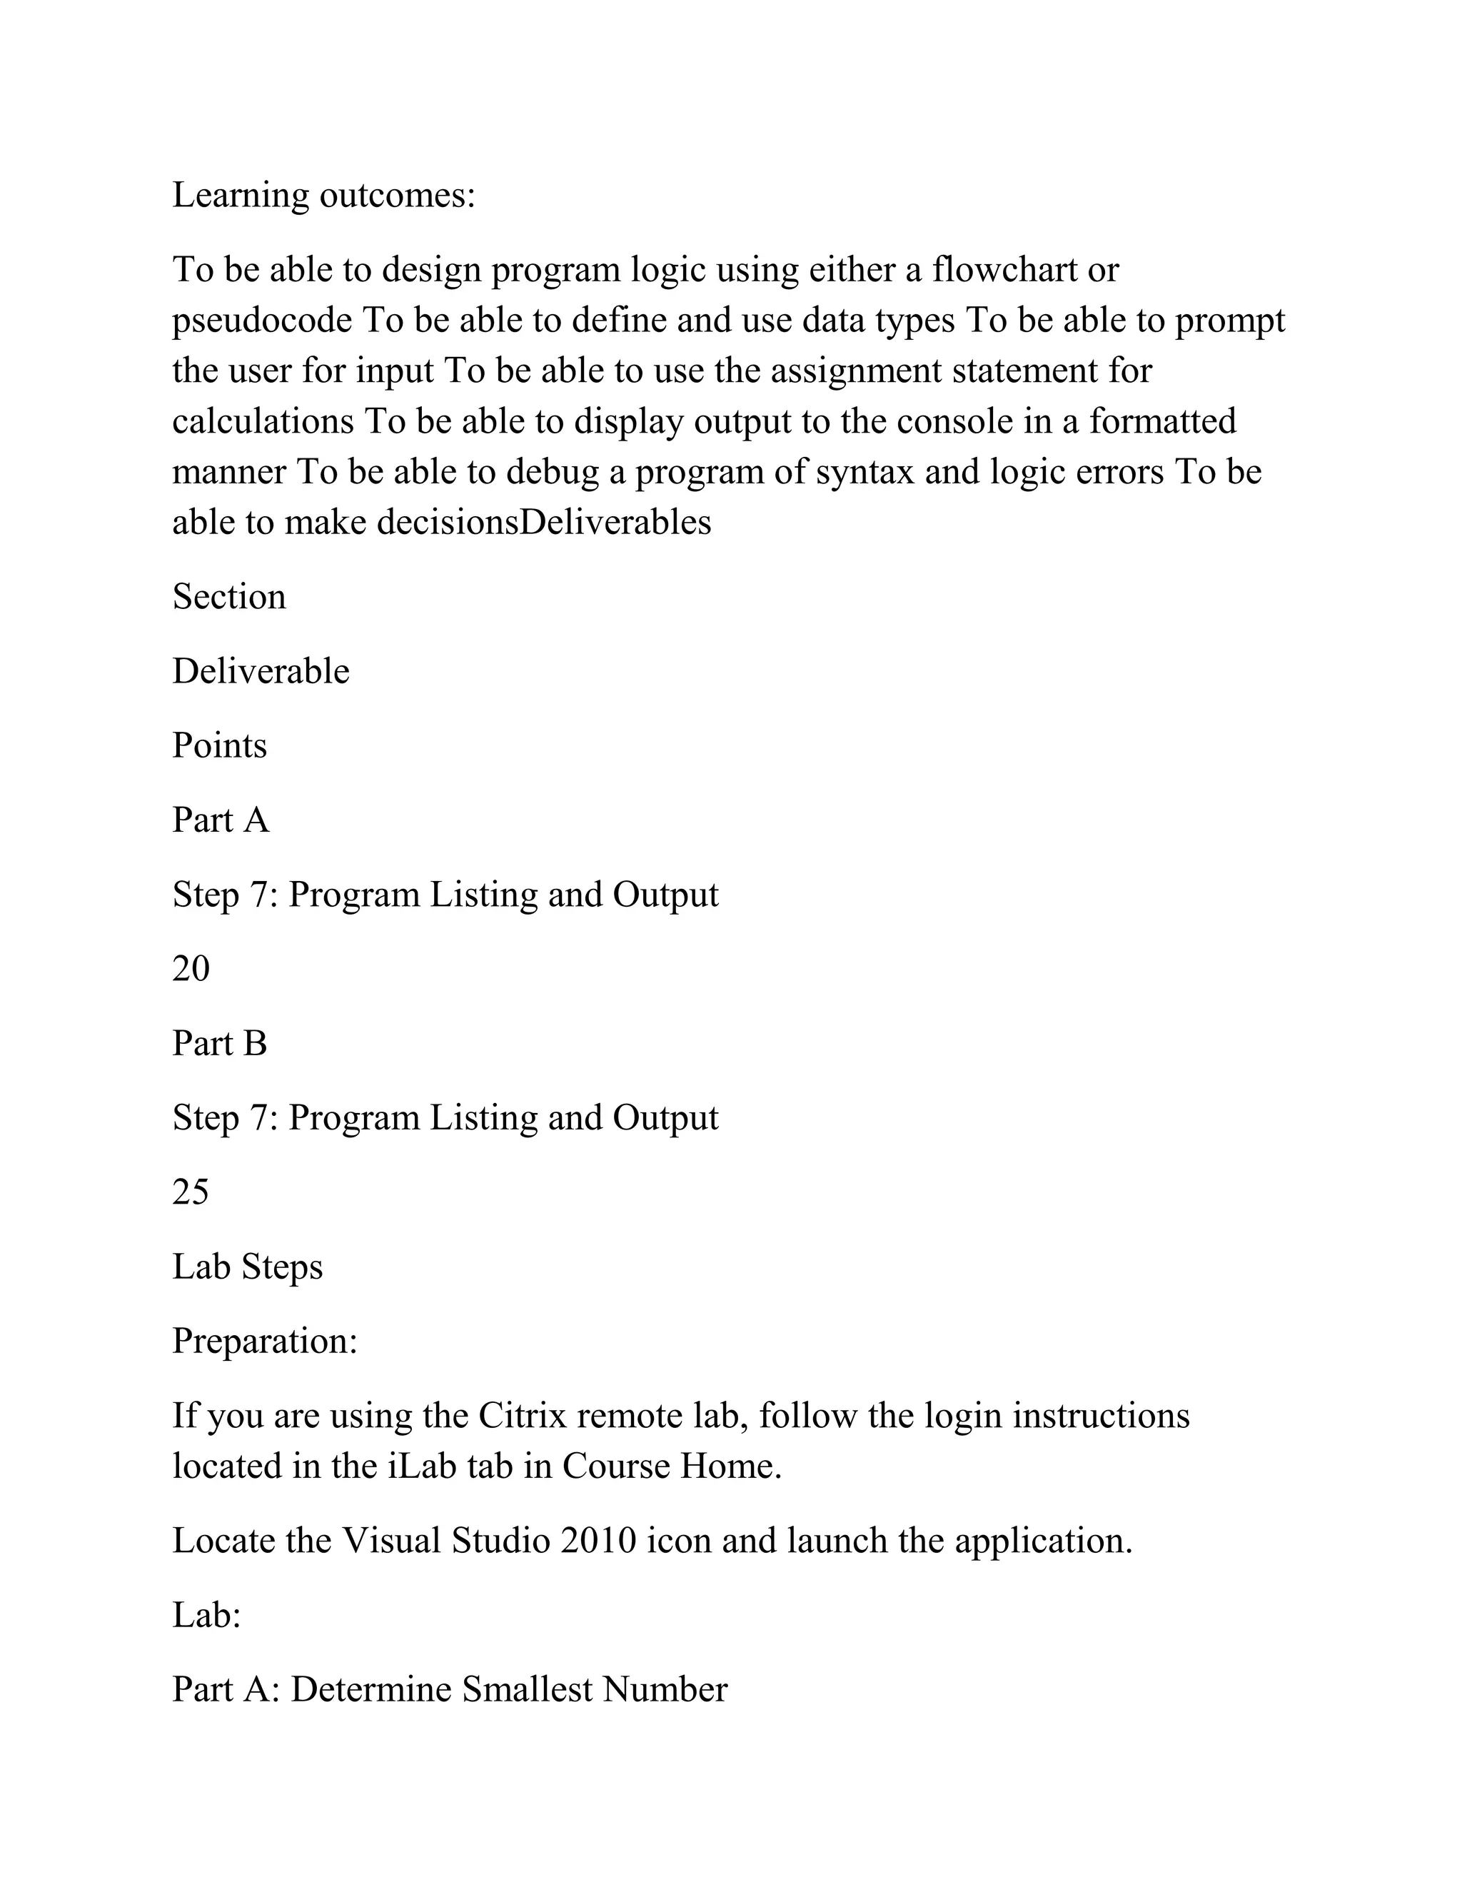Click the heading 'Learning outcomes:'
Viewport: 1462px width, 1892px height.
pos(324,196)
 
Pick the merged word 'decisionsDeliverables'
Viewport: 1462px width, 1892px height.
pos(544,523)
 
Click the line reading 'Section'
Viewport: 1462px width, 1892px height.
pos(228,597)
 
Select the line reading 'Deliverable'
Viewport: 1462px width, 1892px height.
pos(261,671)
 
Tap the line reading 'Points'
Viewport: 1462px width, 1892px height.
pos(219,746)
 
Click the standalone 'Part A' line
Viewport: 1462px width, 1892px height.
pos(221,820)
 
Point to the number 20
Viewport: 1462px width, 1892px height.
pos(191,970)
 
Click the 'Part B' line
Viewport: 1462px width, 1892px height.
pos(220,1044)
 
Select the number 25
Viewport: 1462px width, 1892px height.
pos(191,1193)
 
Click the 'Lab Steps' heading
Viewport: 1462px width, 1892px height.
pos(248,1267)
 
